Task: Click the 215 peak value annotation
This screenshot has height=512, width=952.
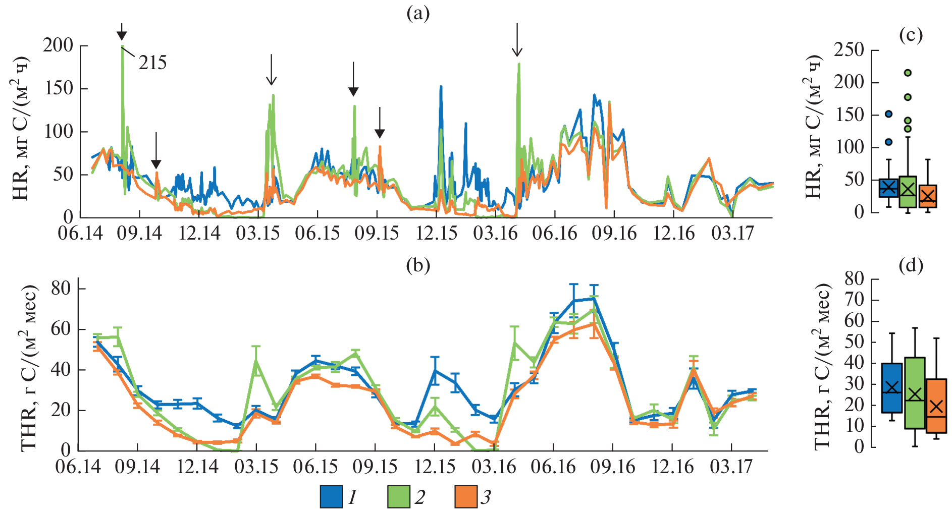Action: tap(152, 63)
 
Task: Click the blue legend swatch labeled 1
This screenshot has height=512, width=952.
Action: tap(331, 496)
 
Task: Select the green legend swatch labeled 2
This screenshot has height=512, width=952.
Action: tap(398, 496)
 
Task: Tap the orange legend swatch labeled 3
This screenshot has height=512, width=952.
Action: tap(465, 496)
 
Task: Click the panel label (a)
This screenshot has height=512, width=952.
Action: tap(418, 14)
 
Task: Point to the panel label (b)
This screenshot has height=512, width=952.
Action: tap(418, 265)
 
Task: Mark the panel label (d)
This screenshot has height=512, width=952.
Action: tap(911, 265)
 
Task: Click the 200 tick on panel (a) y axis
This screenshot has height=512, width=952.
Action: tap(58, 46)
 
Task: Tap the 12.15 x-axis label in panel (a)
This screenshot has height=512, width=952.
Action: tap(436, 234)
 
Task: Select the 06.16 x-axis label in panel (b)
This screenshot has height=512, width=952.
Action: tap(553, 467)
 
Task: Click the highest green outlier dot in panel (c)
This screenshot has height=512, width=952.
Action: tap(908, 73)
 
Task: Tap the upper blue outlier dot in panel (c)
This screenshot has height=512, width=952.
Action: tap(888, 114)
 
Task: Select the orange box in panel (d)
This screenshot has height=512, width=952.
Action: tap(936, 406)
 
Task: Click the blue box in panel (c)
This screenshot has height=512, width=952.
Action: tap(888, 188)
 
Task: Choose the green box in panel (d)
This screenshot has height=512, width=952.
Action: tap(915, 393)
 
